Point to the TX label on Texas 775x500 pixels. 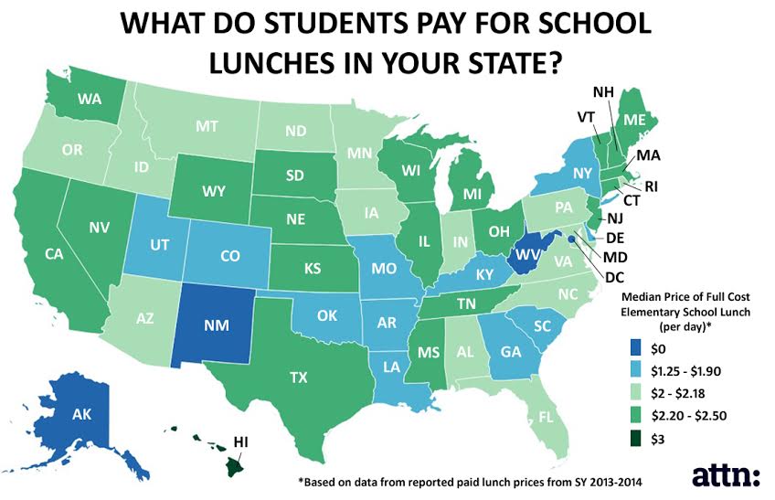[298, 377]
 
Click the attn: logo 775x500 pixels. [726, 475]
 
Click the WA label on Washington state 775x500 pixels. [88, 98]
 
